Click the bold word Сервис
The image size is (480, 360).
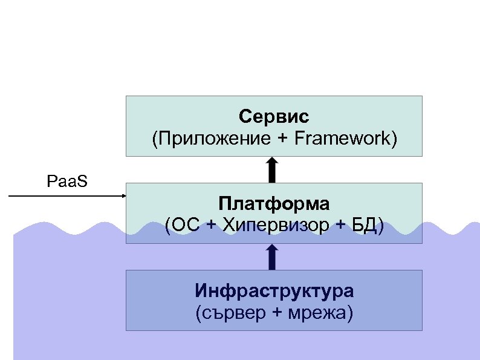coord(274,116)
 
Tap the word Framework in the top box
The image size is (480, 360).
coord(344,139)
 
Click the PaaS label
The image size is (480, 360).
coord(67,180)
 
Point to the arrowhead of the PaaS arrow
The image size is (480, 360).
coord(122,196)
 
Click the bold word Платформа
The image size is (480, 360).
coord(274,202)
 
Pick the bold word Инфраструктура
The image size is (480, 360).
coord(274,291)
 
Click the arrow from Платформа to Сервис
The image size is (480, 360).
coord(272,169)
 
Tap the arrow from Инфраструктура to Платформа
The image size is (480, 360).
coord(272,257)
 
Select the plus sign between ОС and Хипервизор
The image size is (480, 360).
coord(211,226)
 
